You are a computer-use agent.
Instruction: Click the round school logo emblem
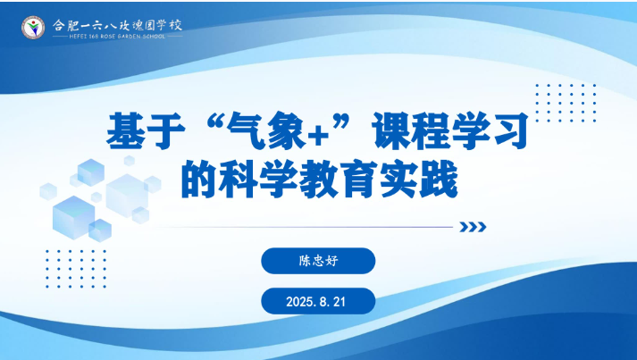pyautogui.click(x=33, y=28)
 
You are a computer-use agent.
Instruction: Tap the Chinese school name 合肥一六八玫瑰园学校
pyautogui.click(x=117, y=25)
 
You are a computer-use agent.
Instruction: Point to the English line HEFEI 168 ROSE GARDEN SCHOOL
pyautogui.click(x=117, y=36)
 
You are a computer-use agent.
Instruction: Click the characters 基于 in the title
pyautogui.click(x=146, y=130)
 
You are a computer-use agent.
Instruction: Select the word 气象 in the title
pyautogui.click(x=266, y=130)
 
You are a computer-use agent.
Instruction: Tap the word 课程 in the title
pyautogui.click(x=410, y=130)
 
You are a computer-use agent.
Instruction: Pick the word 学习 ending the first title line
pyautogui.click(x=490, y=130)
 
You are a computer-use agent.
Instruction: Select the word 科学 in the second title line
pyautogui.click(x=258, y=179)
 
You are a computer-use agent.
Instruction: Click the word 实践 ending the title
pyautogui.click(x=418, y=179)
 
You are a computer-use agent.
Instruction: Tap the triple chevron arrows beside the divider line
pyautogui.click(x=473, y=227)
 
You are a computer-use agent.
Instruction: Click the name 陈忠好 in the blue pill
pyautogui.click(x=318, y=261)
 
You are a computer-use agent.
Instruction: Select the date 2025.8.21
pyautogui.click(x=315, y=302)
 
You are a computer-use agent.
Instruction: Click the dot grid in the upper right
pyautogui.click(x=566, y=104)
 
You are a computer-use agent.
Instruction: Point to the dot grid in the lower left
pyautogui.click(x=76, y=269)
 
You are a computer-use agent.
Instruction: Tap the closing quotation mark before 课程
pyautogui.click(x=342, y=121)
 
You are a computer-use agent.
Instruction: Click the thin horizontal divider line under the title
pyautogui.click(x=304, y=227)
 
